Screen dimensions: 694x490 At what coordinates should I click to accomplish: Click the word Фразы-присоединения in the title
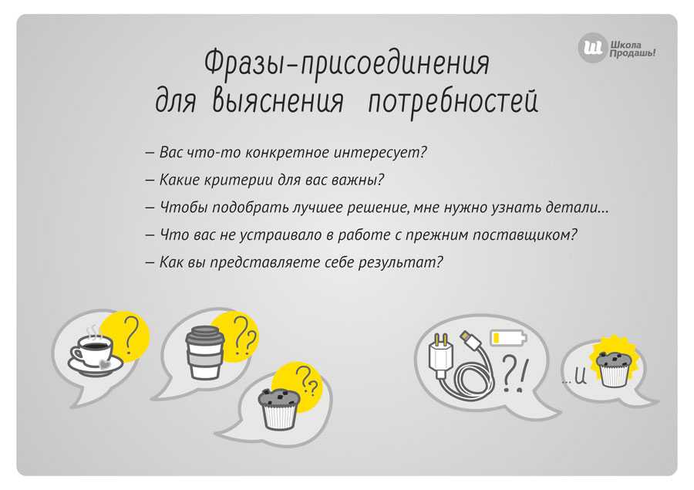(346, 64)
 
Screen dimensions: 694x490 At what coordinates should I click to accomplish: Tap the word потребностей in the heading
(453, 102)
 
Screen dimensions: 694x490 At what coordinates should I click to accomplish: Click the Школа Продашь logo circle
(591, 47)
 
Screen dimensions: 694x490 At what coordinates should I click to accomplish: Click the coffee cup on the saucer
(95, 354)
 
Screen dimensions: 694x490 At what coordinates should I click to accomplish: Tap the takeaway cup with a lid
(204, 353)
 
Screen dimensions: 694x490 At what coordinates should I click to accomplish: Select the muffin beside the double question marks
(279, 409)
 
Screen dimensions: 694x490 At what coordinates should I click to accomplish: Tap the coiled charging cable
(476, 369)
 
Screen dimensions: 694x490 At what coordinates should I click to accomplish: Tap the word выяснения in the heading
(278, 100)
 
